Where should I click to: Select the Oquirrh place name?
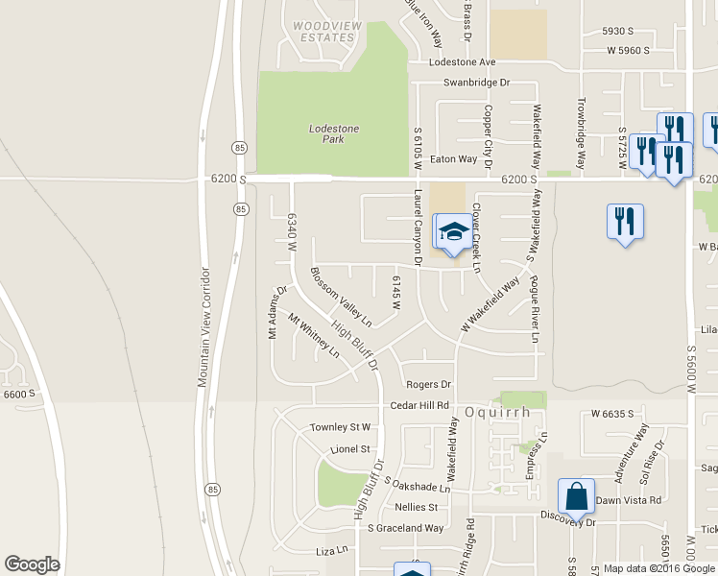[498, 412]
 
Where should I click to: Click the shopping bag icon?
[576, 497]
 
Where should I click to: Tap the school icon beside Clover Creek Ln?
[454, 231]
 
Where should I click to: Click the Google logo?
[32, 564]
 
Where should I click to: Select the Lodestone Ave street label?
[463, 61]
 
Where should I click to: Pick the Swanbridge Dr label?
[476, 84]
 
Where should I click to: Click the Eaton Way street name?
[453, 159]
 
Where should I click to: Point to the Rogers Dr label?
[428, 384]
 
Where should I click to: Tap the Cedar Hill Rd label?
[419, 406]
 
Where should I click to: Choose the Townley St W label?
[340, 427]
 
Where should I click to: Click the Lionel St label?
[350, 448]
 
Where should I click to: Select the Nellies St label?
[416, 507]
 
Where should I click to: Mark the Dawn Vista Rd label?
[629, 500]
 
